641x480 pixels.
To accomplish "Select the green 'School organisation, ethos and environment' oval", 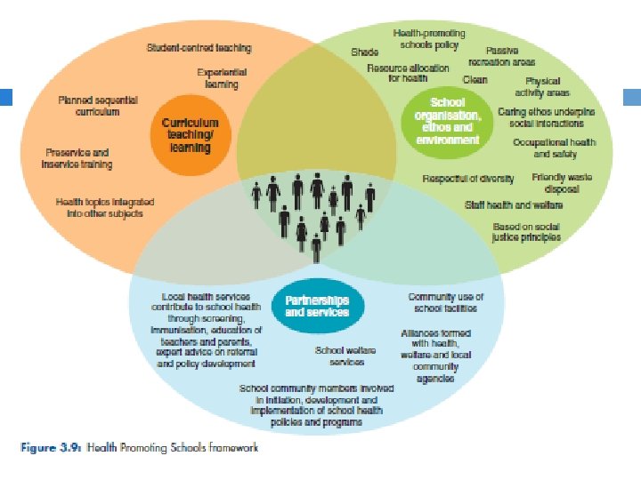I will tap(447, 122).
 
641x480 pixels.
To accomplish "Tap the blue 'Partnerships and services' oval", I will tap(317, 306).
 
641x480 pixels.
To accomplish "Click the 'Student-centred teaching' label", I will tap(199, 48).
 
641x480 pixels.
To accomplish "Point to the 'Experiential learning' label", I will tap(222, 78).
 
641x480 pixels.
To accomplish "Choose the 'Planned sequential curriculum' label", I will tap(89, 106).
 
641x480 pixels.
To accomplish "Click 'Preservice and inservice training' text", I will tap(77, 158).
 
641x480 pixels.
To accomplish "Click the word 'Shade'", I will tap(364, 52).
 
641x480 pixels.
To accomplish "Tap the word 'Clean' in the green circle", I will tap(475, 80).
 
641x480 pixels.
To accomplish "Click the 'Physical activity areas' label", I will tap(542, 86).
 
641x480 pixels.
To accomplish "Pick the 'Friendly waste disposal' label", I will tap(562, 183).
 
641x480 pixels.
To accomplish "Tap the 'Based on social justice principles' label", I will tap(527, 233).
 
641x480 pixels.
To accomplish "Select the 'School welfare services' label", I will tap(339, 356).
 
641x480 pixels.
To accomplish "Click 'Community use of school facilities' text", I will tap(445, 302).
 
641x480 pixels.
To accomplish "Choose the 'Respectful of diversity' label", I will tap(468, 179).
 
